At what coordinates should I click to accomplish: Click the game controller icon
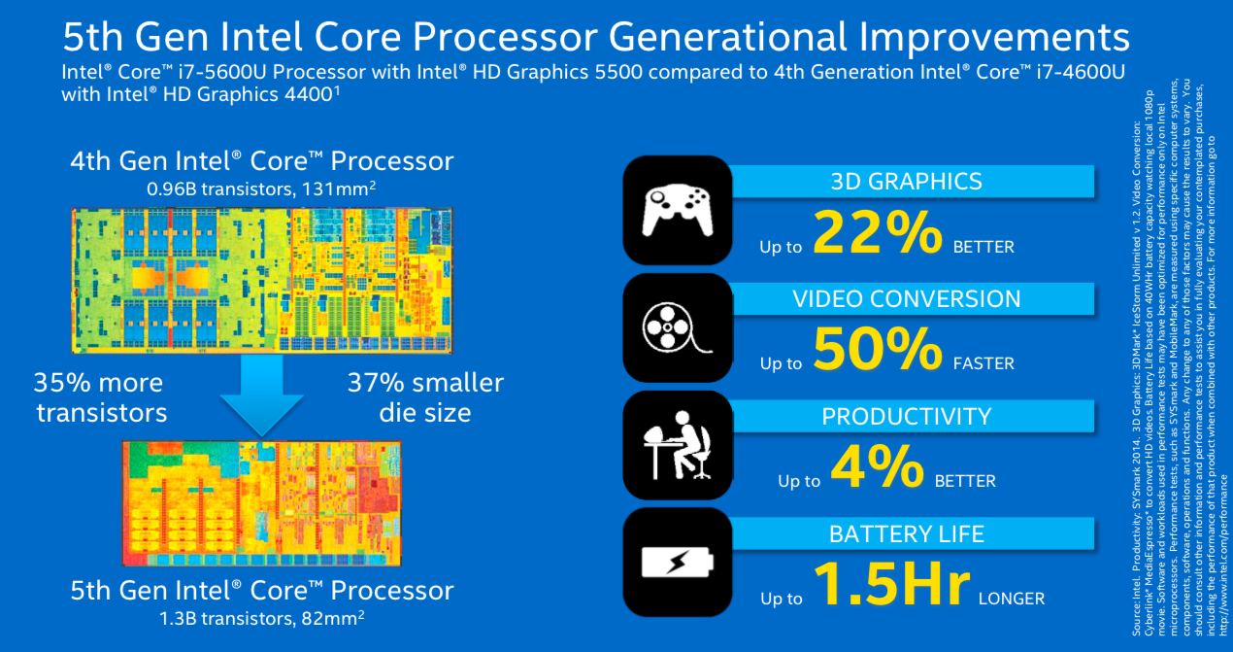click(676, 209)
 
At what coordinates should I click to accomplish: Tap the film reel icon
click(676, 327)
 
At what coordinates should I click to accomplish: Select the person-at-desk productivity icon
click(676, 445)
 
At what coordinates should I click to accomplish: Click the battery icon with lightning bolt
click(676, 563)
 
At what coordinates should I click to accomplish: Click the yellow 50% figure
click(878, 350)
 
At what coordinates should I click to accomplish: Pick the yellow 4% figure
click(879, 467)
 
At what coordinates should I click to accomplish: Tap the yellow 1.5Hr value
click(891, 585)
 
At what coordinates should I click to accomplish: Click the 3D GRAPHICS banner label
click(906, 181)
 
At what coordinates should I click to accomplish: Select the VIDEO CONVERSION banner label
click(906, 298)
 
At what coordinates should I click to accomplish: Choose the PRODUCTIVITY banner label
click(906, 416)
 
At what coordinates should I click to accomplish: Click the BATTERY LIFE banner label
click(906, 533)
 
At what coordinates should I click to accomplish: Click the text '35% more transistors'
click(102, 396)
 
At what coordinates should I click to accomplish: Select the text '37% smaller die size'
click(425, 396)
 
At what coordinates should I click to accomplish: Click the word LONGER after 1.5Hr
click(1012, 599)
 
